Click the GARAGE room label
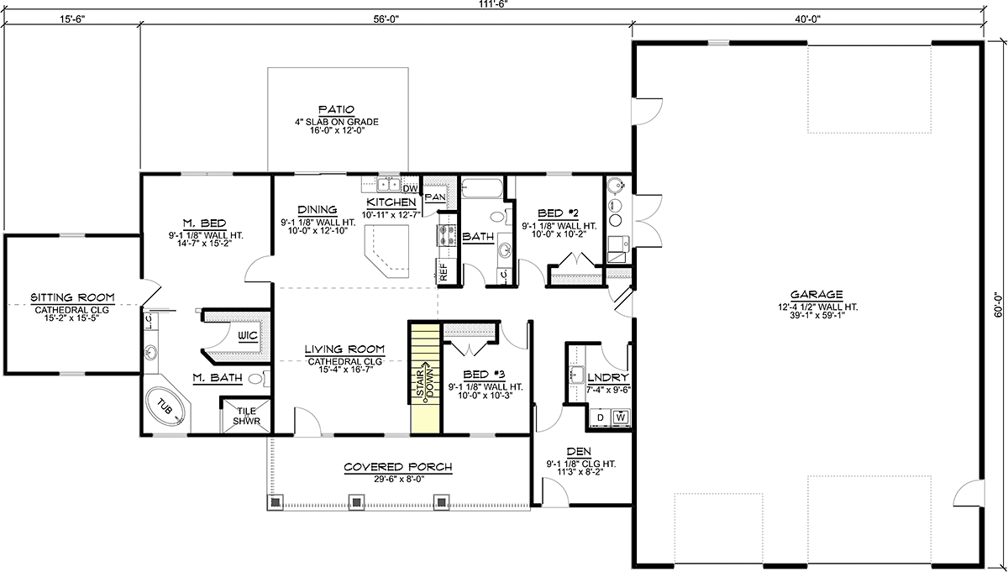pyautogui.click(x=816, y=295)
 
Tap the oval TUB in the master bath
pyautogui.click(x=165, y=409)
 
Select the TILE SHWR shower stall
pyautogui.click(x=247, y=416)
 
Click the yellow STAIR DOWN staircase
pyautogui.click(x=425, y=379)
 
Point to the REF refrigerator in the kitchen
pyautogui.click(x=444, y=272)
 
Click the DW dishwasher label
pyautogui.click(x=410, y=189)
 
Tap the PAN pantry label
pyautogui.click(x=435, y=197)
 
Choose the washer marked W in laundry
pyautogui.click(x=621, y=417)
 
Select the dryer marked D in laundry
pyautogui.click(x=601, y=417)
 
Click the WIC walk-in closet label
pyautogui.click(x=248, y=335)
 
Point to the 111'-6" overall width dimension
pyautogui.click(x=493, y=3)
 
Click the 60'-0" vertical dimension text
pyautogui.click(x=998, y=306)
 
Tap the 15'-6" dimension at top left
pyautogui.click(x=72, y=19)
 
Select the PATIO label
pyautogui.click(x=336, y=109)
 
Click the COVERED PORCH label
pyautogui.click(x=398, y=467)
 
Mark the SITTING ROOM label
pyautogui.click(x=72, y=297)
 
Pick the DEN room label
pyautogui.click(x=579, y=451)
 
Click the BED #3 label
pyautogui.click(x=484, y=375)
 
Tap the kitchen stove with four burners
pyautogui.click(x=446, y=235)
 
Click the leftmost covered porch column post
pyautogui.click(x=276, y=501)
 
